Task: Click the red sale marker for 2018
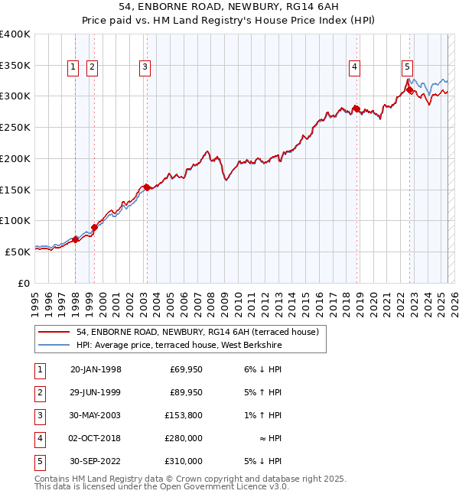356,108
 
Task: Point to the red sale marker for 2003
146,187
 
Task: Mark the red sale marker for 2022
409,89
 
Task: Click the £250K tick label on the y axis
15,127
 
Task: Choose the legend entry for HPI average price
179,346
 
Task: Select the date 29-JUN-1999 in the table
96,392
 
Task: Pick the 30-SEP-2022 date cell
96,461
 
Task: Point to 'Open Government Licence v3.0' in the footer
220,486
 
